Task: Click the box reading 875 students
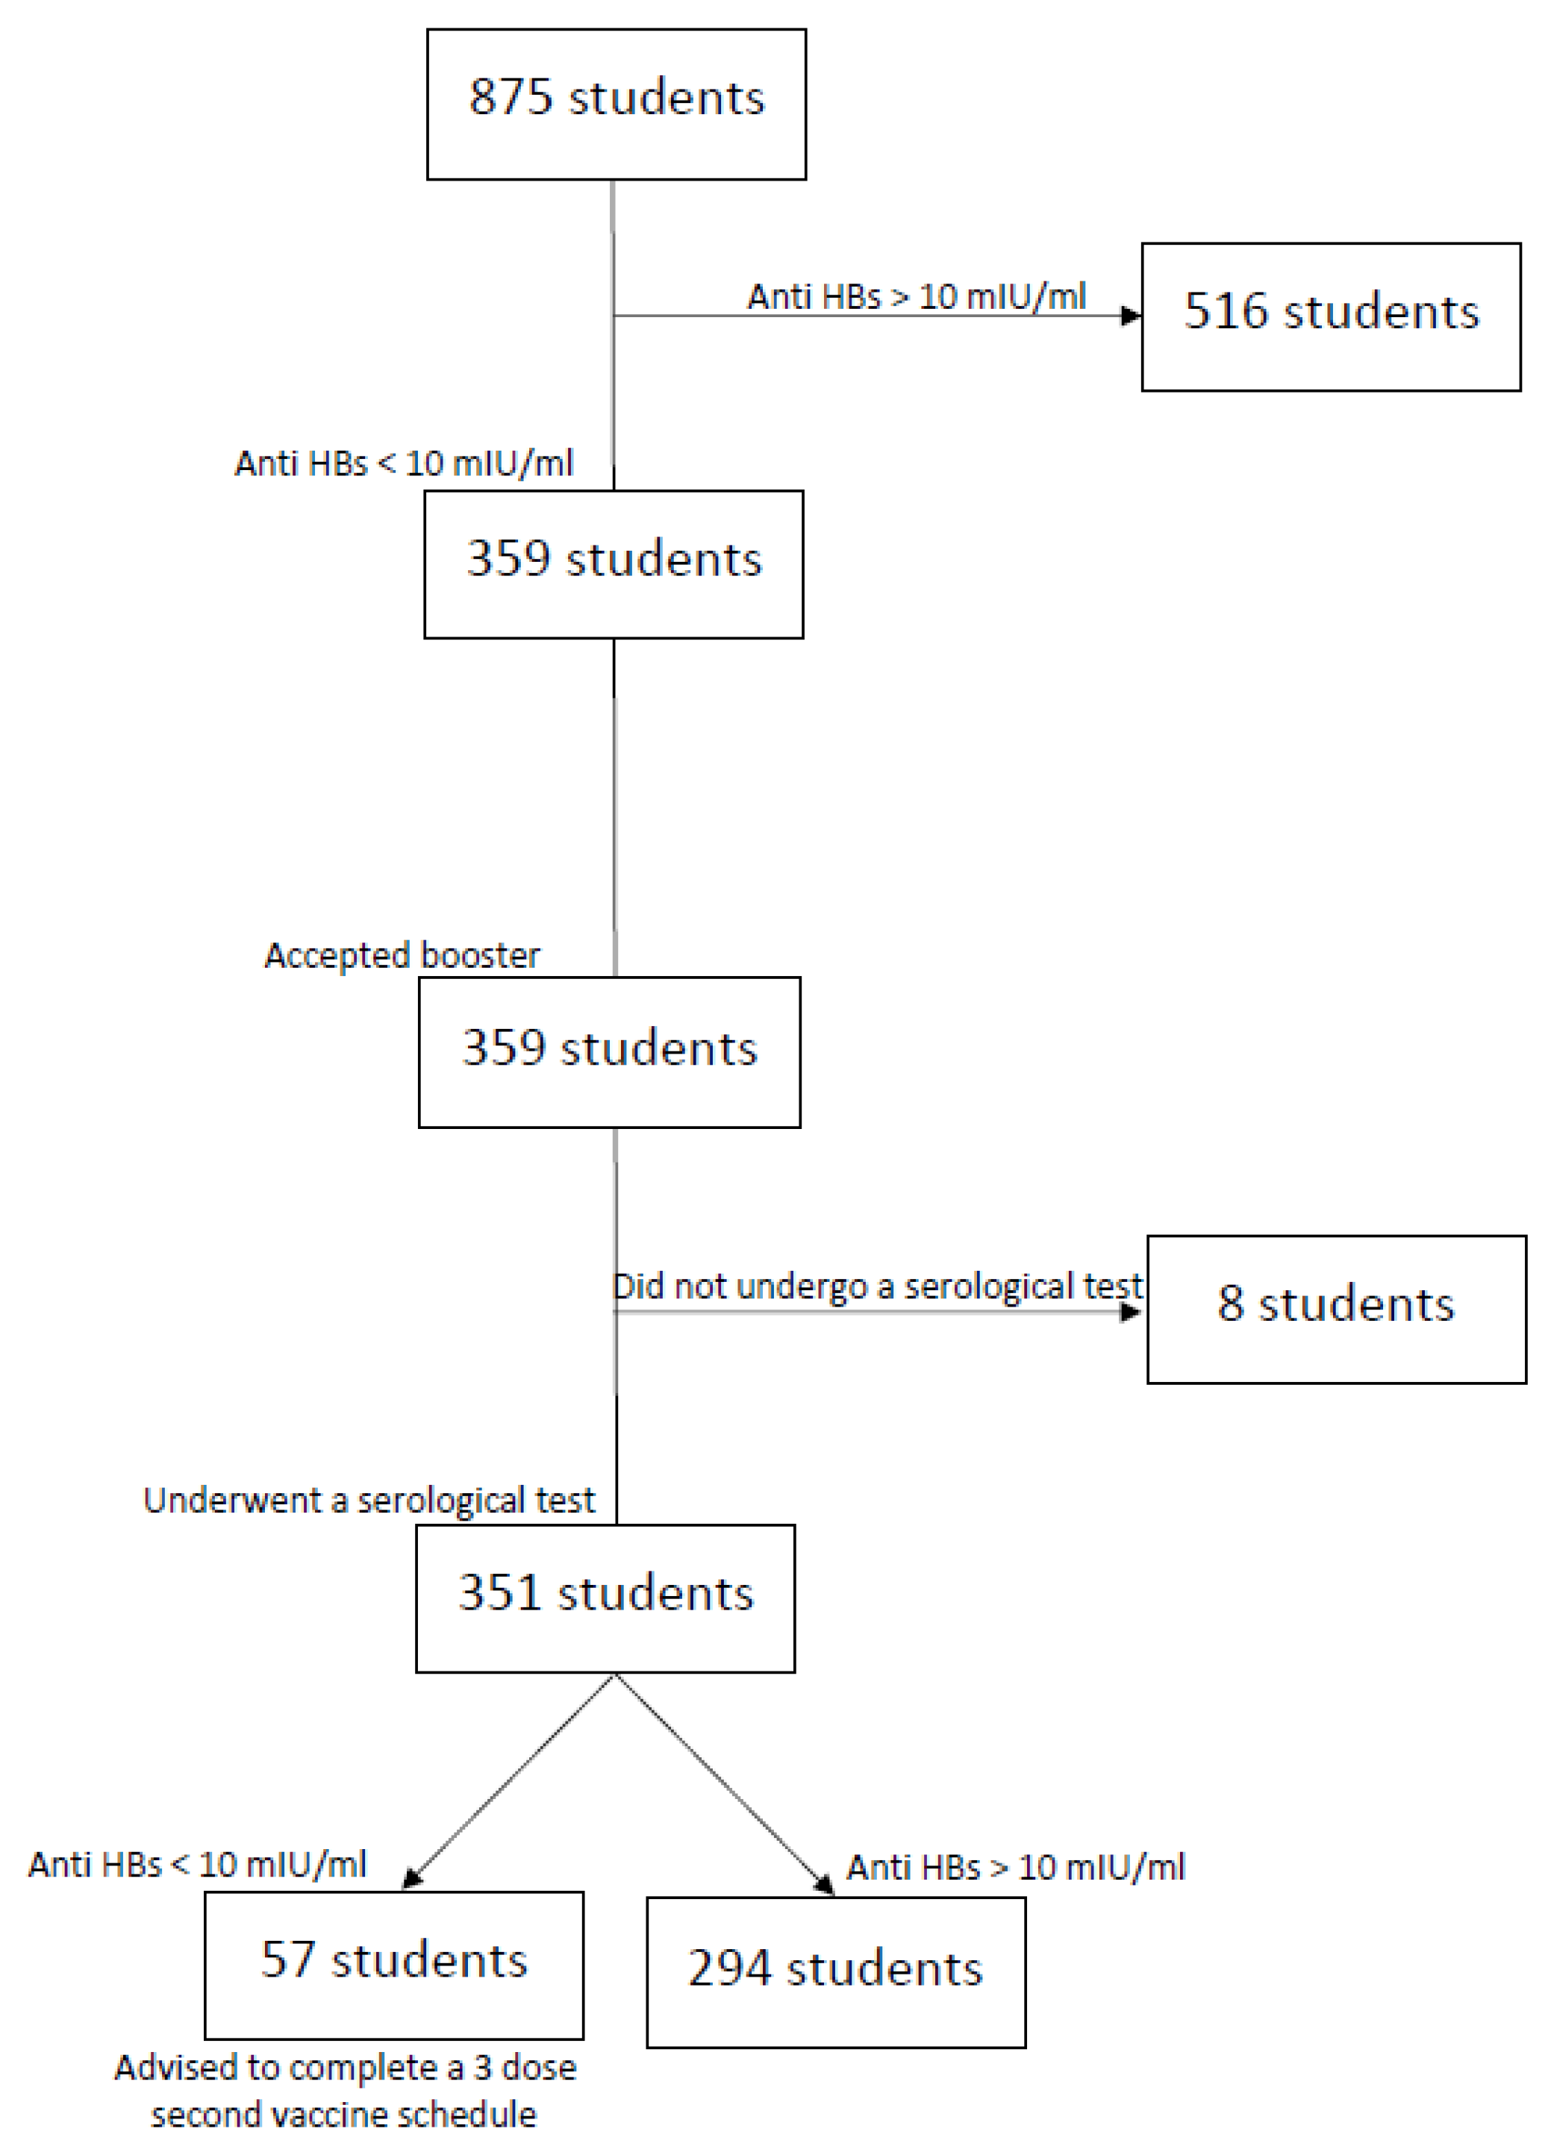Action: click(x=616, y=104)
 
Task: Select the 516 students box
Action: click(x=1330, y=316)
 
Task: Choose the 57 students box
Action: click(x=393, y=1964)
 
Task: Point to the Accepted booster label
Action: click(x=402, y=955)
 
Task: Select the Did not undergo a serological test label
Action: click(x=876, y=1286)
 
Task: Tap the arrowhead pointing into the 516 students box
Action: click(x=1131, y=316)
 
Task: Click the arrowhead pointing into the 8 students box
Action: click(x=1130, y=1313)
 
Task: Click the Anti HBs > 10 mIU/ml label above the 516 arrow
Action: click(x=916, y=296)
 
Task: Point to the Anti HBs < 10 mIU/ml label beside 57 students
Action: click(x=197, y=1864)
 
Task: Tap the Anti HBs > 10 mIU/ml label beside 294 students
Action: click(x=1016, y=1867)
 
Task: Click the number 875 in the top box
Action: click(x=511, y=97)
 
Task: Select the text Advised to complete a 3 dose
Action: click(x=345, y=2068)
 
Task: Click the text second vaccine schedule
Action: click(x=343, y=2115)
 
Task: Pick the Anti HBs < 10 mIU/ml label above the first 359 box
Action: click(x=404, y=463)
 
